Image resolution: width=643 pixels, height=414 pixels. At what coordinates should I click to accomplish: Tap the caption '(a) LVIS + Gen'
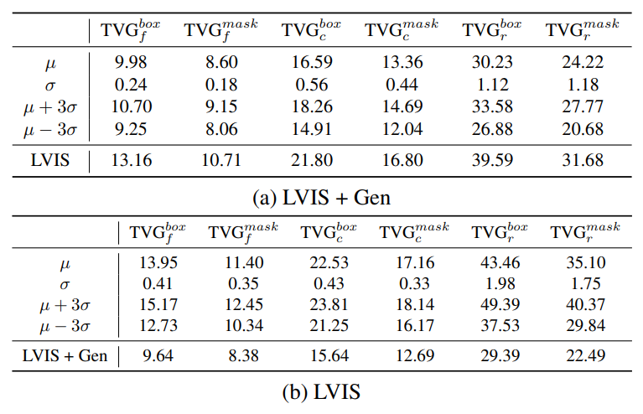click(x=321, y=198)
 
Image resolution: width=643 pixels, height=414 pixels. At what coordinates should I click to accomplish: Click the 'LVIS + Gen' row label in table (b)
click(x=65, y=355)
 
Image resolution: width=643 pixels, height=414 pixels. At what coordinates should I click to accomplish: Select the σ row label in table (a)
click(x=50, y=85)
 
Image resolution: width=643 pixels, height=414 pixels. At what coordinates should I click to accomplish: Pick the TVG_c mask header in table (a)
click(x=399, y=31)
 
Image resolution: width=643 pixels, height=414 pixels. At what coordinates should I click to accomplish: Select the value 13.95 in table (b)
click(x=158, y=262)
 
